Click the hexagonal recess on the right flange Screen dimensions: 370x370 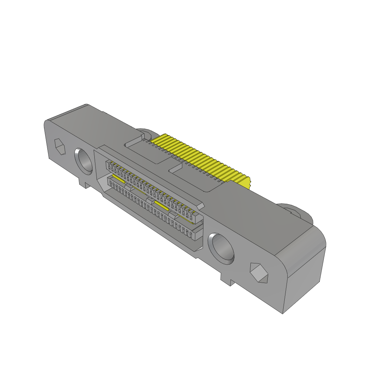pos(259,273)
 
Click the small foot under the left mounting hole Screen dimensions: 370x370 pos(84,184)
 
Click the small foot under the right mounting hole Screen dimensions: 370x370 pos(226,280)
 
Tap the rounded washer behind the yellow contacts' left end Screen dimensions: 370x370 pos(144,132)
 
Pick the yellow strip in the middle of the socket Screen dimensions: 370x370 pos(161,206)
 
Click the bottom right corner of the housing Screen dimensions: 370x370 pos(283,313)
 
